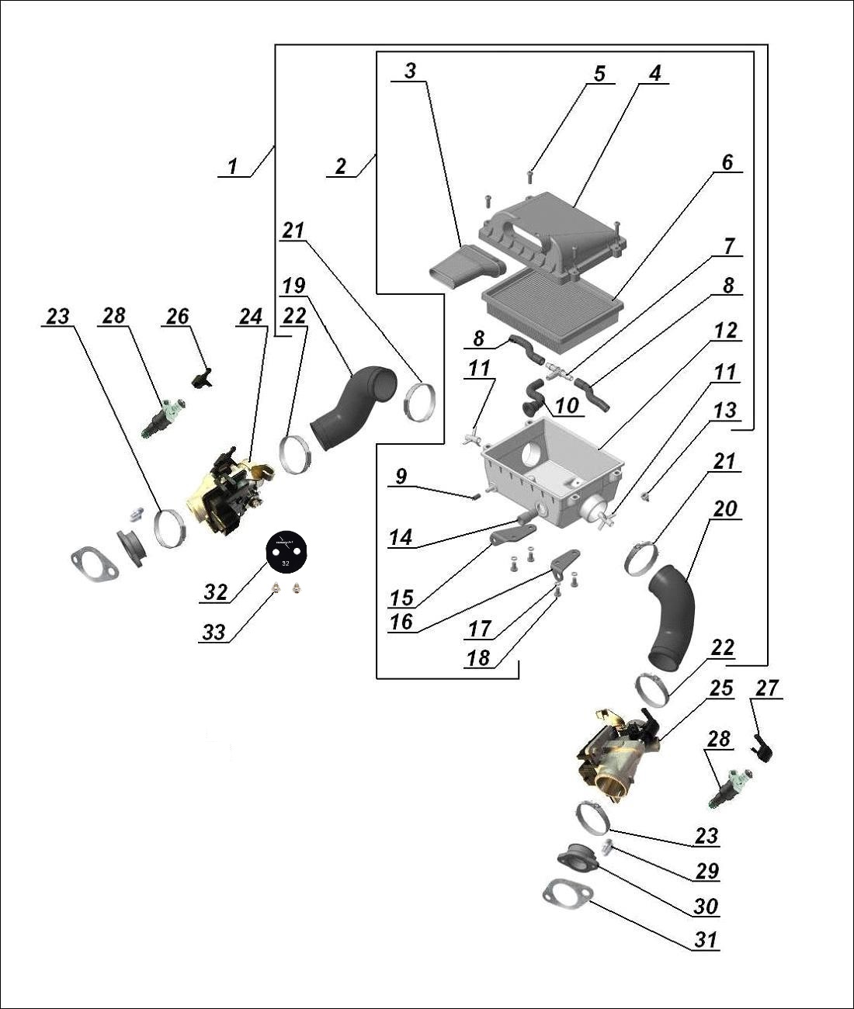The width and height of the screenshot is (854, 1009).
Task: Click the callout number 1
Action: pyautogui.click(x=231, y=166)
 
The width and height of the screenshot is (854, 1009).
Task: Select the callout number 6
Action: pyautogui.click(x=727, y=163)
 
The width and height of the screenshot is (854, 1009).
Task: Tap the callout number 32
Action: pyautogui.click(x=215, y=593)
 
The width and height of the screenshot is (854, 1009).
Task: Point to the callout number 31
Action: pyautogui.click(x=705, y=940)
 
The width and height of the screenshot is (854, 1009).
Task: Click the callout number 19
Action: pyautogui.click(x=293, y=286)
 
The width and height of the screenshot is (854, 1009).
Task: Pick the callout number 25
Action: pyautogui.click(x=720, y=688)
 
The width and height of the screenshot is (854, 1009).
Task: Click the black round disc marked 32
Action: pyautogui.click(x=286, y=550)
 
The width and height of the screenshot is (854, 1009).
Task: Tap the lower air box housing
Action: pyautogui.click(x=551, y=466)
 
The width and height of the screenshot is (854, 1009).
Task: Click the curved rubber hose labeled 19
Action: pyautogui.click(x=353, y=407)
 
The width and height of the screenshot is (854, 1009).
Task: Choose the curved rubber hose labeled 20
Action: pyautogui.click(x=672, y=617)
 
